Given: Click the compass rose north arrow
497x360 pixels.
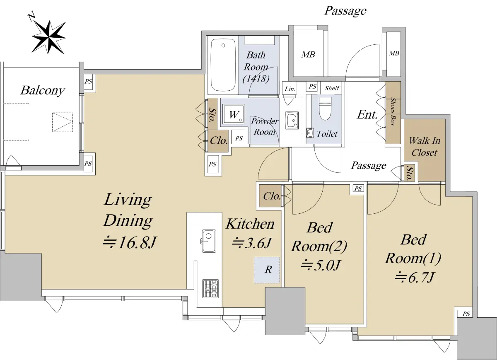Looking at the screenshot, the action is point(48,37).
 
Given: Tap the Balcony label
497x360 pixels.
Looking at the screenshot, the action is point(42,90).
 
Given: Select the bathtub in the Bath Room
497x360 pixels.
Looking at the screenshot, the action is point(223,65).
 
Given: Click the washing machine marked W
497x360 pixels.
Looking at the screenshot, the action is point(234,114).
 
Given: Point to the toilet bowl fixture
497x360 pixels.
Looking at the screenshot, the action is point(325,108).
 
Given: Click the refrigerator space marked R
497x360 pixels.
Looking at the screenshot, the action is point(267,270).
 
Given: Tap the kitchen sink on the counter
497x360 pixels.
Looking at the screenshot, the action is point(209,241).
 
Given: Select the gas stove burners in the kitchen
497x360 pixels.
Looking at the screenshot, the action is point(210,288).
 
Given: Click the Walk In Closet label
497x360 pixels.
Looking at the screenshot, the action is point(425,147).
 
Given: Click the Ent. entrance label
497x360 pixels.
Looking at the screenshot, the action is point(367,115).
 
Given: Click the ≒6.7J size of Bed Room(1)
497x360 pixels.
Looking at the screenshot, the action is point(414,278).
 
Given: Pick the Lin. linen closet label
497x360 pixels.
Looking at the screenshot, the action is point(290,89).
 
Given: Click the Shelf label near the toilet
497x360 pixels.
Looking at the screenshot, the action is point(332,88).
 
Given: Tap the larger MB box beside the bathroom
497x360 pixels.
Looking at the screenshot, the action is point(308,54).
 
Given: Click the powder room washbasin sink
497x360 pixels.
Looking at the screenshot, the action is point(292,121).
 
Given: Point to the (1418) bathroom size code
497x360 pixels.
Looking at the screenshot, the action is point(256,78).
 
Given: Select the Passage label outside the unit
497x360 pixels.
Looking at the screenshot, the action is point(345,11).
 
